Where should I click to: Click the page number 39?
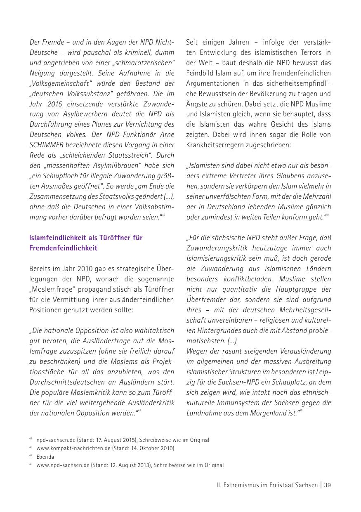327,485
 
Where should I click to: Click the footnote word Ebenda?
45,457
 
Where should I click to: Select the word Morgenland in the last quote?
262,413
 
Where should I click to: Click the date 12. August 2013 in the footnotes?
131,465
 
